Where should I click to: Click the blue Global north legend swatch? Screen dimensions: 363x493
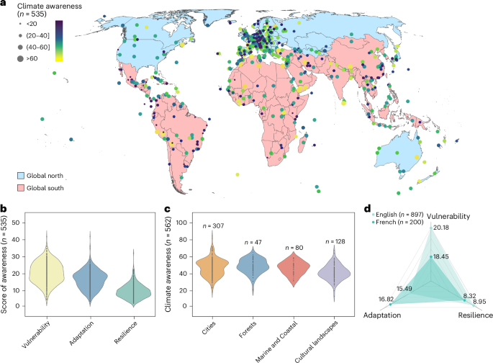point(22,175)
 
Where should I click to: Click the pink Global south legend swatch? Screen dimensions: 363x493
point(22,188)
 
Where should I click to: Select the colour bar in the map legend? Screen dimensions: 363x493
point(59,42)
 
